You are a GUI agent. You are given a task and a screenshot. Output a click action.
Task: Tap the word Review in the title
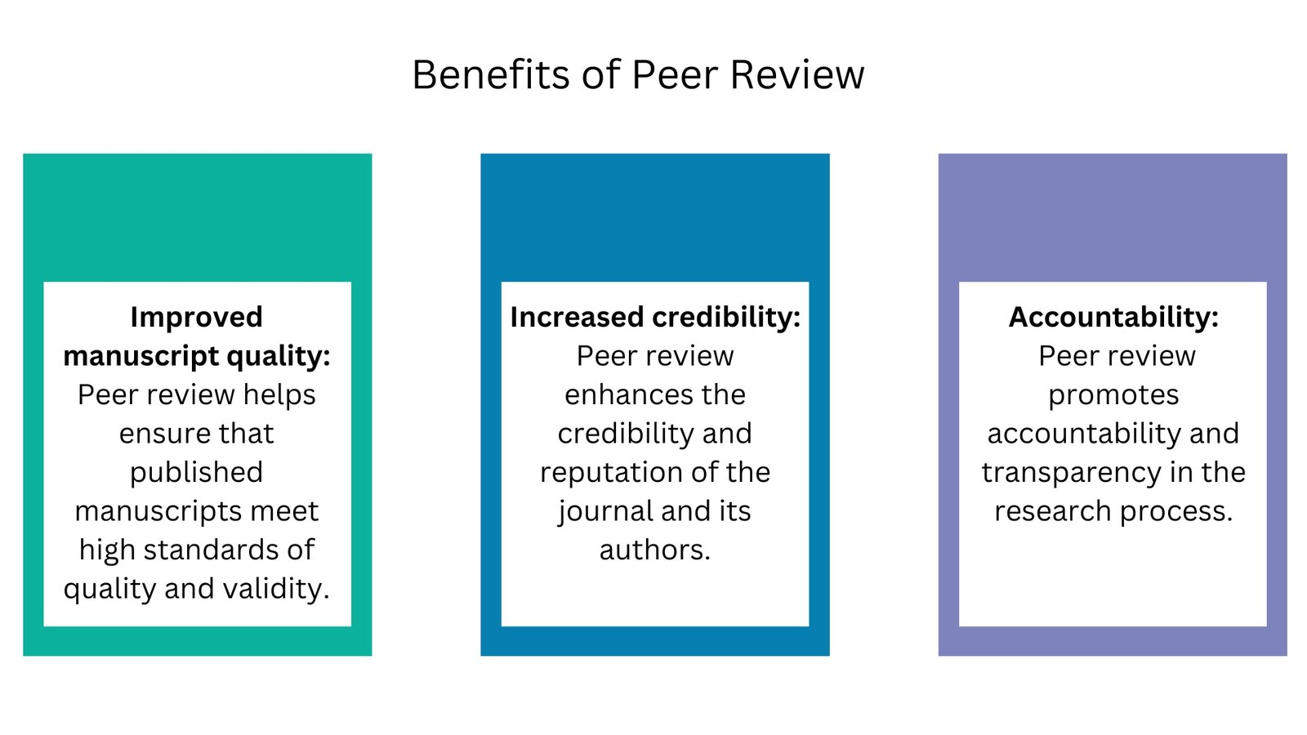796,75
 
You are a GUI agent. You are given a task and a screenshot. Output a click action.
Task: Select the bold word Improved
196,317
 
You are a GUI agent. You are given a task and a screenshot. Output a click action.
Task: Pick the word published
196,473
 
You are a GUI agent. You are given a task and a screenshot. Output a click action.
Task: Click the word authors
654,550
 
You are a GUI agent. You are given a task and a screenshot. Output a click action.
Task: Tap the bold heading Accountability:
1113,317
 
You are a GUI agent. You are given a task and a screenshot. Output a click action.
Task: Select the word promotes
1113,395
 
